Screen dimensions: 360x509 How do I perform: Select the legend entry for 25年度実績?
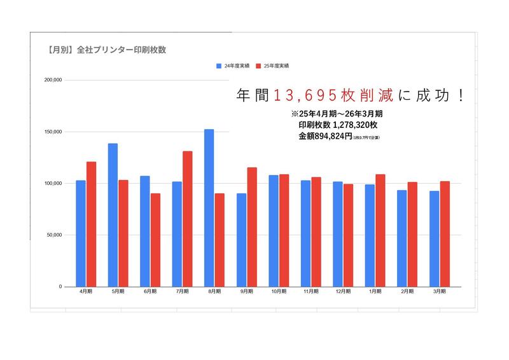pyautogui.click(x=273, y=66)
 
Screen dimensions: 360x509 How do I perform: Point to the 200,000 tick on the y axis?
pyautogui.click(x=53, y=80)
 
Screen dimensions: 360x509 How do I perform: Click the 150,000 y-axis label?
pyautogui.click(x=53, y=132)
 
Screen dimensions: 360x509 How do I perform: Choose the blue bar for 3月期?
pyautogui.click(x=434, y=239)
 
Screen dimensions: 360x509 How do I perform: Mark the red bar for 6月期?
pyautogui.click(x=155, y=240)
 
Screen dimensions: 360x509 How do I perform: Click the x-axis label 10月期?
pyautogui.click(x=278, y=291)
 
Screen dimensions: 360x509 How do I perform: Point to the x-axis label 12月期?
pyautogui.click(x=342, y=291)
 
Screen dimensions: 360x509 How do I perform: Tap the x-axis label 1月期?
pyautogui.click(x=375, y=291)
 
